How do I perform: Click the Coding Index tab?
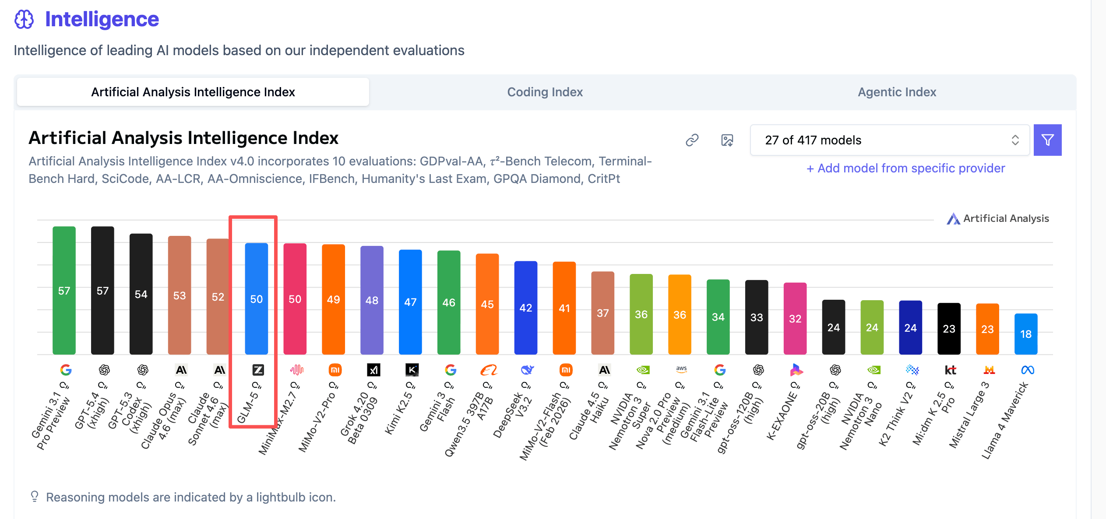click(545, 92)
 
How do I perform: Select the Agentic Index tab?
click(897, 92)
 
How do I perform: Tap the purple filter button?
click(1047, 140)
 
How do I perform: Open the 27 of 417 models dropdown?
click(890, 140)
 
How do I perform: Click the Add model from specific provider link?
click(905, 168)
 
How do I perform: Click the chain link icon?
click(692, 140)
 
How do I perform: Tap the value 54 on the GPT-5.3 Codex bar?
click(141, 294)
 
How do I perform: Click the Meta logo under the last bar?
click(1027, 370)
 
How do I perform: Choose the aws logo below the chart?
click(681, 369)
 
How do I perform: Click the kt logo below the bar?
click(950, 370)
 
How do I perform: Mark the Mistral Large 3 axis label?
click(968, 416)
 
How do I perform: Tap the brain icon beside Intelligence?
click(24, 19)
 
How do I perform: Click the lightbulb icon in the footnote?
click(35, 496)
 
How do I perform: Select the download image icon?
click(727, 140)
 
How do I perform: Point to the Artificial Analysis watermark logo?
click(953, 218)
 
